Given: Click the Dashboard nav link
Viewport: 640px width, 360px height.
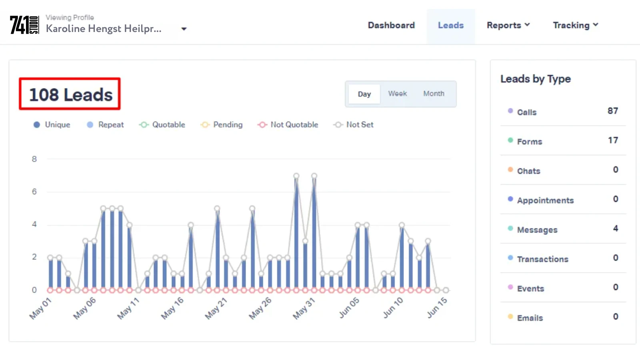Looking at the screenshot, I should [x=391, y=25].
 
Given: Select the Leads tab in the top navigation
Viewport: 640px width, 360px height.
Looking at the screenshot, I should [x=451, y=25].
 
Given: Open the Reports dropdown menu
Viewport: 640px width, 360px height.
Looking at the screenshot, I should [x=508, y=25].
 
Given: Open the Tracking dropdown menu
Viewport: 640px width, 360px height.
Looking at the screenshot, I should [x=575, y=25].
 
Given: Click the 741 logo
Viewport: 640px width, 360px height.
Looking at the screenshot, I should [x=24, y=25].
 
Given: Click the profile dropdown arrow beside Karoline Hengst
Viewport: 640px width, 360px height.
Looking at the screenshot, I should [x=184, y=29].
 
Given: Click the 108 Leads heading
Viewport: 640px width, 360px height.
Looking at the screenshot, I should [x=70, y=95].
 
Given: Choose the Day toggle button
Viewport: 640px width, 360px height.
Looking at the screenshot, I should [x=364, y=94].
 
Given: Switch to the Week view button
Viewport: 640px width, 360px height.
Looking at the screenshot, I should [x=397, y=94].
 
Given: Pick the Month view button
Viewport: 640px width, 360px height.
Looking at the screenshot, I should [x=434, y=94].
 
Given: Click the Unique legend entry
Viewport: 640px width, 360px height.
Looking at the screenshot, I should [x=52, y=125].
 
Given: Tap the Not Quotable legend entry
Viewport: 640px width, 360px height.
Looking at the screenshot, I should [x=288, y=125].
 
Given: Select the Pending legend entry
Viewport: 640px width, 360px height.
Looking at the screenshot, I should [x=222, y=125].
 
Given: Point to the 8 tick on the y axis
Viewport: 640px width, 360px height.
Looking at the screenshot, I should [x=34, y=159].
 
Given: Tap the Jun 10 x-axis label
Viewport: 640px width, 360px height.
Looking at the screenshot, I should [x=393, y=308].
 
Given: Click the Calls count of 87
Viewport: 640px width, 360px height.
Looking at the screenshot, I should [x=612, y=111].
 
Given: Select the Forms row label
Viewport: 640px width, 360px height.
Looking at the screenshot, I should [x=529, y=142].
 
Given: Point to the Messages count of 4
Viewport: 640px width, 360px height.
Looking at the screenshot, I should [x=615, y=228].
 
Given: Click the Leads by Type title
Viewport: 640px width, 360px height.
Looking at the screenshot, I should [x=535, y=79].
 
